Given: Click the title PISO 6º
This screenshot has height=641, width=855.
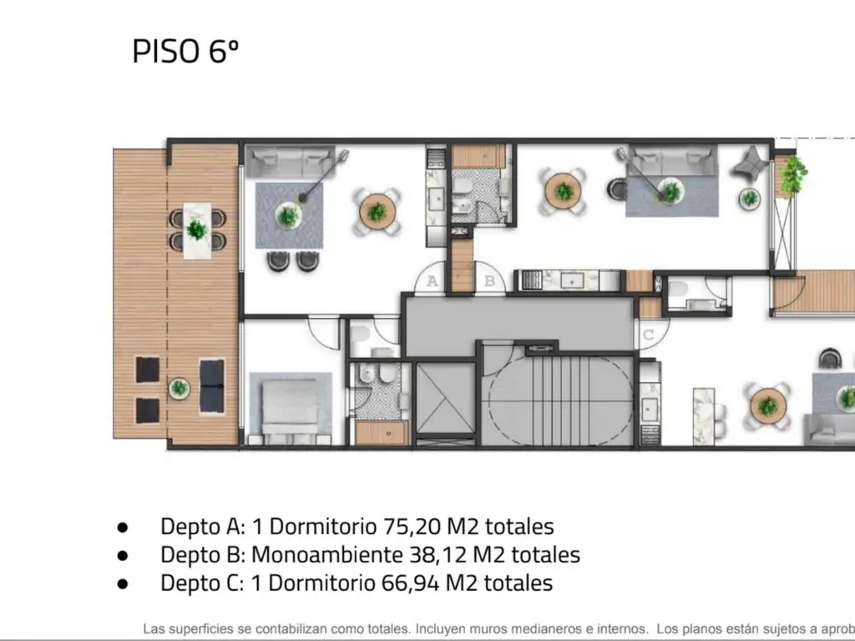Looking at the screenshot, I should (185, 51).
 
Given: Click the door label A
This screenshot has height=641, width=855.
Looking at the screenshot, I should (432, 281).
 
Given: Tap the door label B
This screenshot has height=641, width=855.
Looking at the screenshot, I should (490, 281).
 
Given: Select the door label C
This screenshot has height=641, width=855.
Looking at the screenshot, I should (649, 336).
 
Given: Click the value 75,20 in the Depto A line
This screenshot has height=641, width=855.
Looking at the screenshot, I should (410, 527).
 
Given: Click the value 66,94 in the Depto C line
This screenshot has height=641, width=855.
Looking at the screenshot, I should (410, 583).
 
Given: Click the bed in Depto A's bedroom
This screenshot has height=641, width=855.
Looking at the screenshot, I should (290, 410).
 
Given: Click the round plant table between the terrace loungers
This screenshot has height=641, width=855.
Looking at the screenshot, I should (179, 388).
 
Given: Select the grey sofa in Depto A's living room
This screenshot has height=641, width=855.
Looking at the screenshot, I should (290, 159).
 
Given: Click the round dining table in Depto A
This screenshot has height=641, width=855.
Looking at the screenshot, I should (377, 212).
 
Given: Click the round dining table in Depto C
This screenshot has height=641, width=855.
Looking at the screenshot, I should (767, 406).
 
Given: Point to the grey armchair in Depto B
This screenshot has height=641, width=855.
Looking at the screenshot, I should (748, 162).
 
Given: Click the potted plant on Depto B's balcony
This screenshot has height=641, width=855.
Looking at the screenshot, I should (792, 172).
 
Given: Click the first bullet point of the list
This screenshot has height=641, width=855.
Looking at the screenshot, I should (123, 527).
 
